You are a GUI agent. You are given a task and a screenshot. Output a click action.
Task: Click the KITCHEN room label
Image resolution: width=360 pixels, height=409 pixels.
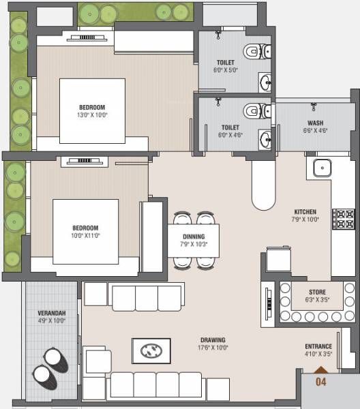click(x=305, y=211)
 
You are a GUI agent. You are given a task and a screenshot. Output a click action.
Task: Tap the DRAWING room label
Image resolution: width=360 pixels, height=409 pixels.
click(x=213, y=340)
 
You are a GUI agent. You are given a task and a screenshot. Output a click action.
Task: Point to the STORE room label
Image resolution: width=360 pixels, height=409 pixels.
click(x=317, y=292)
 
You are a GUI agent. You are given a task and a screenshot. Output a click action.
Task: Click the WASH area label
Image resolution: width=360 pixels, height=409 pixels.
click(x=315, y=123)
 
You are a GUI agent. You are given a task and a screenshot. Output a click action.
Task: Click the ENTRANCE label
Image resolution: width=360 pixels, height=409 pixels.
click(x=318, y=346)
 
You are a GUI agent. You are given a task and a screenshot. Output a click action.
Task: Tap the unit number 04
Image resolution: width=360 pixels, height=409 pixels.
click(x=320, y=382)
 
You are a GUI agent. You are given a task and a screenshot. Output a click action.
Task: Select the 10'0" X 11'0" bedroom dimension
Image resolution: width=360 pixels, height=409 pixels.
click(x=86, y=236)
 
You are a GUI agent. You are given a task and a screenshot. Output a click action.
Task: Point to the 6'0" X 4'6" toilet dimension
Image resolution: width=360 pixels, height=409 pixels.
click(x=230, y=135)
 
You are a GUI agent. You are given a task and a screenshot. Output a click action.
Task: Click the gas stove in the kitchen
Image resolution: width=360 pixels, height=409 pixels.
click(x=344, y=219)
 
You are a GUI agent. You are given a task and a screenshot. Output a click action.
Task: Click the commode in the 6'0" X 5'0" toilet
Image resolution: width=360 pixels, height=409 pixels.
click(x=256, y=51)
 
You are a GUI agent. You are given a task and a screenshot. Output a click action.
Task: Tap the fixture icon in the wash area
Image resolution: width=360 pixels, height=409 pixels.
click(x=314, y=107)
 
